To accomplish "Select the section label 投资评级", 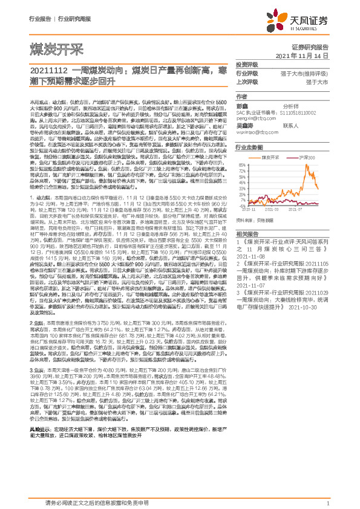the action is tap(246, 64).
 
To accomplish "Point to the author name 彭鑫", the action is tap(243, 105).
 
